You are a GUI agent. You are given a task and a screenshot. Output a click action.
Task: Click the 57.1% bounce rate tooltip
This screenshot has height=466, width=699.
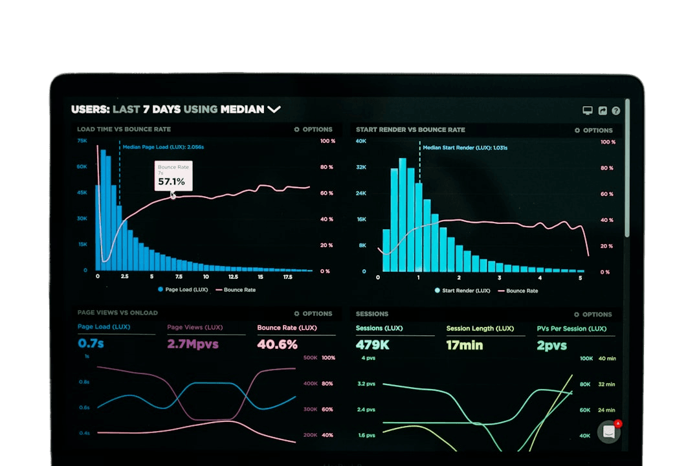[173, 176]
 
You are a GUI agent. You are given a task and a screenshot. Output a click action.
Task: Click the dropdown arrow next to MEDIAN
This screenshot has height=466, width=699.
[274, 109]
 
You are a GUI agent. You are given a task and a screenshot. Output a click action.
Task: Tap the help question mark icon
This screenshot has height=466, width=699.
[616, 111]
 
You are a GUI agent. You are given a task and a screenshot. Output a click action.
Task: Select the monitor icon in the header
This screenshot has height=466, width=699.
[588, 111]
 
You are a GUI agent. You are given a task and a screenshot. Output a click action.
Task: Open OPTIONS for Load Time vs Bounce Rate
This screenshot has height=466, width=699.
[313, 129]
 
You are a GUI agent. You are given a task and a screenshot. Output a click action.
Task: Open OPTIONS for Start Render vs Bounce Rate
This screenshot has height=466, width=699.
[594, 130]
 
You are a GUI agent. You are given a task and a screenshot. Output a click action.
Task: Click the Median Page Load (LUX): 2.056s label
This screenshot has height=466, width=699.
[163, 147]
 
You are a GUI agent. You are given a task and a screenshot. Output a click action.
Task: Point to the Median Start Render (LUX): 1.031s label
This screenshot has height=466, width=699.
[465, 148]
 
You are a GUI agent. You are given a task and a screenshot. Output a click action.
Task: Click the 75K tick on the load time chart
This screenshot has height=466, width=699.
[82, 140]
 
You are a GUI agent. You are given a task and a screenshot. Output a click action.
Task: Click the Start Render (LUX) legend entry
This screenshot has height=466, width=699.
[462, 291]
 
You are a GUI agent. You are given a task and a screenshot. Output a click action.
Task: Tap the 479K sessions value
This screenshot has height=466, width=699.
[372, 345]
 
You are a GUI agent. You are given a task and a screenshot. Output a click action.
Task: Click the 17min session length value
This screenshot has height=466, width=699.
[464, 345]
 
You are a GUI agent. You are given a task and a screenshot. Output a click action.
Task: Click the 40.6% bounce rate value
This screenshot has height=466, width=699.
[277, 344]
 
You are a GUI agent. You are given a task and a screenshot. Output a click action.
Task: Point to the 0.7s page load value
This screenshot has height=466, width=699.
[91, 343]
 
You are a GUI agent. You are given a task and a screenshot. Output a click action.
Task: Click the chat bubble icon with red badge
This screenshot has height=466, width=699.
[609, 432]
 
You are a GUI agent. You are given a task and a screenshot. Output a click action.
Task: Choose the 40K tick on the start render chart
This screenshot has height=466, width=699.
[361, 141]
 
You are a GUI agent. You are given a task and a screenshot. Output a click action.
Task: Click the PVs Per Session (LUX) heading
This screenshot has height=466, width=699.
[571, 329]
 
